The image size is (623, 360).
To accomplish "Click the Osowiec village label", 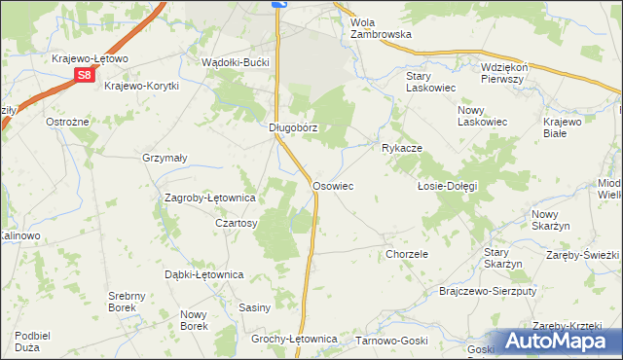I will (x=332, y=185).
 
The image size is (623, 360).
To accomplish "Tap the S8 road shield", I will (x=86, y=74).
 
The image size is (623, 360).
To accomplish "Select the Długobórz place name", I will (x=293, y=127).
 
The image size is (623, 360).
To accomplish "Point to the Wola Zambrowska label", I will (x=381, y=27).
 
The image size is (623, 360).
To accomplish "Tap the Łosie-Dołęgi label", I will (x=447, y=186).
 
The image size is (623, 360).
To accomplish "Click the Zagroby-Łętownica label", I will (x=209, y=198).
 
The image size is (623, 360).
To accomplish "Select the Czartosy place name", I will (x=236, y=223).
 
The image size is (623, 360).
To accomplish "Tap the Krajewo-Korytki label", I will (x=141, y=86).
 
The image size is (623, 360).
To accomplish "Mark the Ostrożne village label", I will (x=68, y=122).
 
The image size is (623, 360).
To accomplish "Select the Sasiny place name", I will (x=254, y=307).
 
